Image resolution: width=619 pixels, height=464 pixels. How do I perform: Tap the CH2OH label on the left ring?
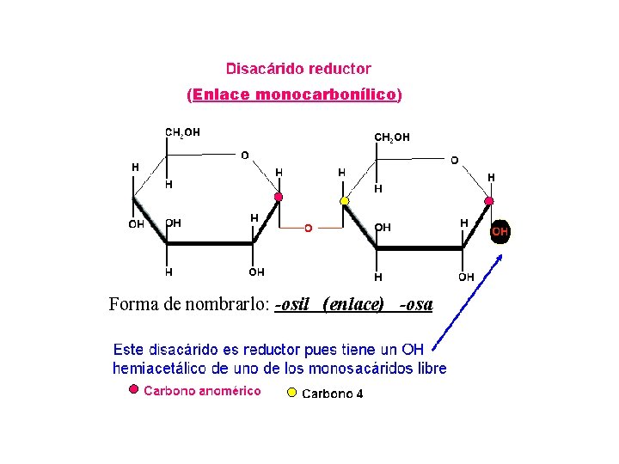coord(182,132)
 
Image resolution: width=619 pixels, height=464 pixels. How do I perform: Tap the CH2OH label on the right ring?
coord(391,137)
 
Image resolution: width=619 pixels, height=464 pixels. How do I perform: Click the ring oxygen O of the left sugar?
coord(245,156)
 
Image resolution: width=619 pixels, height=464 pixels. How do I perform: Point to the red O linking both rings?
coord(309,228)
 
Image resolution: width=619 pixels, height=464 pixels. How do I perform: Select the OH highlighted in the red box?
coord(499,231)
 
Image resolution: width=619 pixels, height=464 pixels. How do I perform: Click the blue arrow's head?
coord(499,256)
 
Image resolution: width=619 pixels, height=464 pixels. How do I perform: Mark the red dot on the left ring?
coord(278,198)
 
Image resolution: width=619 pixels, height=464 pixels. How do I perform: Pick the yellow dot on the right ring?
coord(345,201)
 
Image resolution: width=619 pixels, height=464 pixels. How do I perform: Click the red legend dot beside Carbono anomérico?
coord(132,390)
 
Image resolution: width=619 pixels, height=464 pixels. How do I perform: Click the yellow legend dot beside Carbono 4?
coord(291,394)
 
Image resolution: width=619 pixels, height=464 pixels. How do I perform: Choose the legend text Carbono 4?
coord(332,394)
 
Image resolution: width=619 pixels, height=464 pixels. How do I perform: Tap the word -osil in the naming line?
coord(292,304)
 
